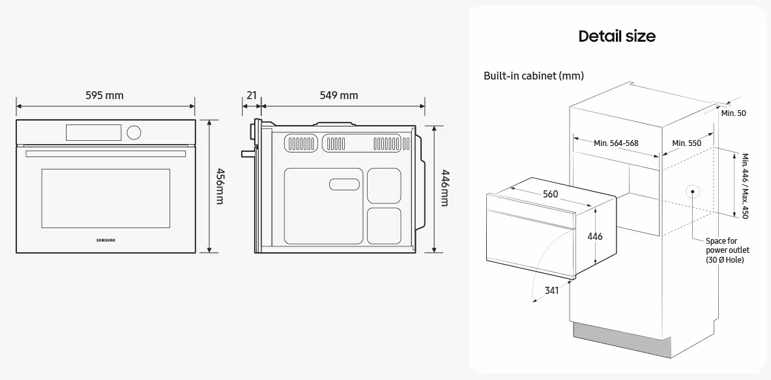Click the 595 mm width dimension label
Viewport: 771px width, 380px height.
pyautogui.click(x=104, y=95)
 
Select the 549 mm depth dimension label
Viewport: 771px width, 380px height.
pyautogui.click(x=338, y=95)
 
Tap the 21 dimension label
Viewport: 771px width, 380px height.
pyautogui.click(x=251, y=95)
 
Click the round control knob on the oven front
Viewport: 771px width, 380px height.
pyautogui.click(x=134, y=132)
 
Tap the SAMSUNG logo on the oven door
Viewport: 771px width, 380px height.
pyautogui.click(x=106, y=241)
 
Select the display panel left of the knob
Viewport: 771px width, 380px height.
pyautogui.click(x=93, y=132)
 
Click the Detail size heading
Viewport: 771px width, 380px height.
pyautogui.click(x=617, y=36)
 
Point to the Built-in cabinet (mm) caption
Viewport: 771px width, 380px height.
pyautogui.click(x=533, y=76)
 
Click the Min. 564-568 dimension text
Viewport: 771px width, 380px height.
pyautogui.click(x=616, y=143)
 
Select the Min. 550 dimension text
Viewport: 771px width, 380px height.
pyautogui.click(x=686, y=143)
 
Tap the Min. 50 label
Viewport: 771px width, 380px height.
pyautogui.click(x=733, y=113)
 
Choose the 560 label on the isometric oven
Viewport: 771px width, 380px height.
pyautogui.click(x=550, y=194)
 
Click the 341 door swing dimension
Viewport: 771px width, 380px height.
pyautogui.click(x=551, y=291)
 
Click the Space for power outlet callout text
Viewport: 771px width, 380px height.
pyautogui.click(x=727, y=250)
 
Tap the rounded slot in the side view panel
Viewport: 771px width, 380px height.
pyautogui.click(x=346, y=185)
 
